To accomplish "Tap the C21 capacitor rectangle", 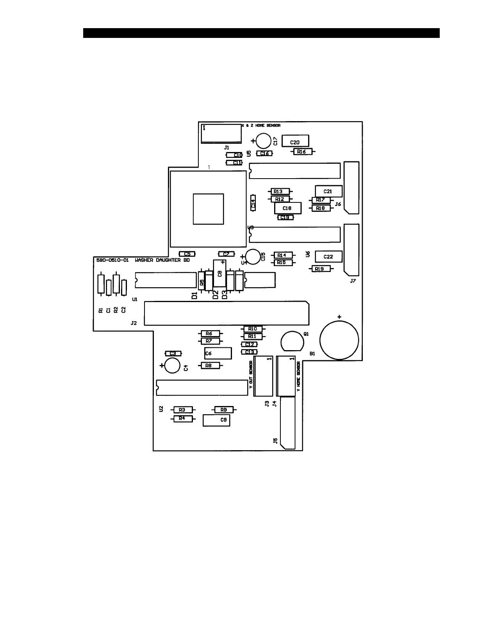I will click(328, 191).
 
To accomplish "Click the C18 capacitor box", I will click(288, 208).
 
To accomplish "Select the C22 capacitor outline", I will click(328, 256).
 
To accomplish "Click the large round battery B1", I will click(339, 339).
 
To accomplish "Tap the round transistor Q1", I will click(292, 341).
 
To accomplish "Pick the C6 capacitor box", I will click(218, 353).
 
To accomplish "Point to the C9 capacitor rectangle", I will click(216, 420).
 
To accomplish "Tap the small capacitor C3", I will click(173, 353).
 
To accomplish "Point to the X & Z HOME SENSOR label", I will click(261, 126).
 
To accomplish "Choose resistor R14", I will click(283, 255).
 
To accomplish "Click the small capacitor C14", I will click(253, 203).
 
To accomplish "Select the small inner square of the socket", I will click(208, 209).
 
